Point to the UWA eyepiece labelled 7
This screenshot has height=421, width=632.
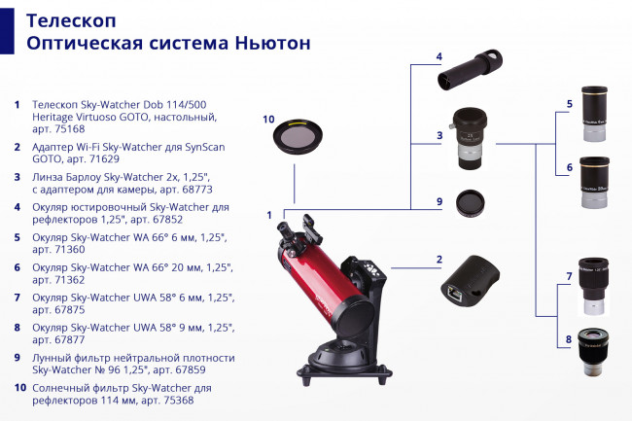(593, 285)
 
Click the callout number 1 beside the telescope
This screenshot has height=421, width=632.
(269, 214)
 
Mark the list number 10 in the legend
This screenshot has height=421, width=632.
(19, 388)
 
